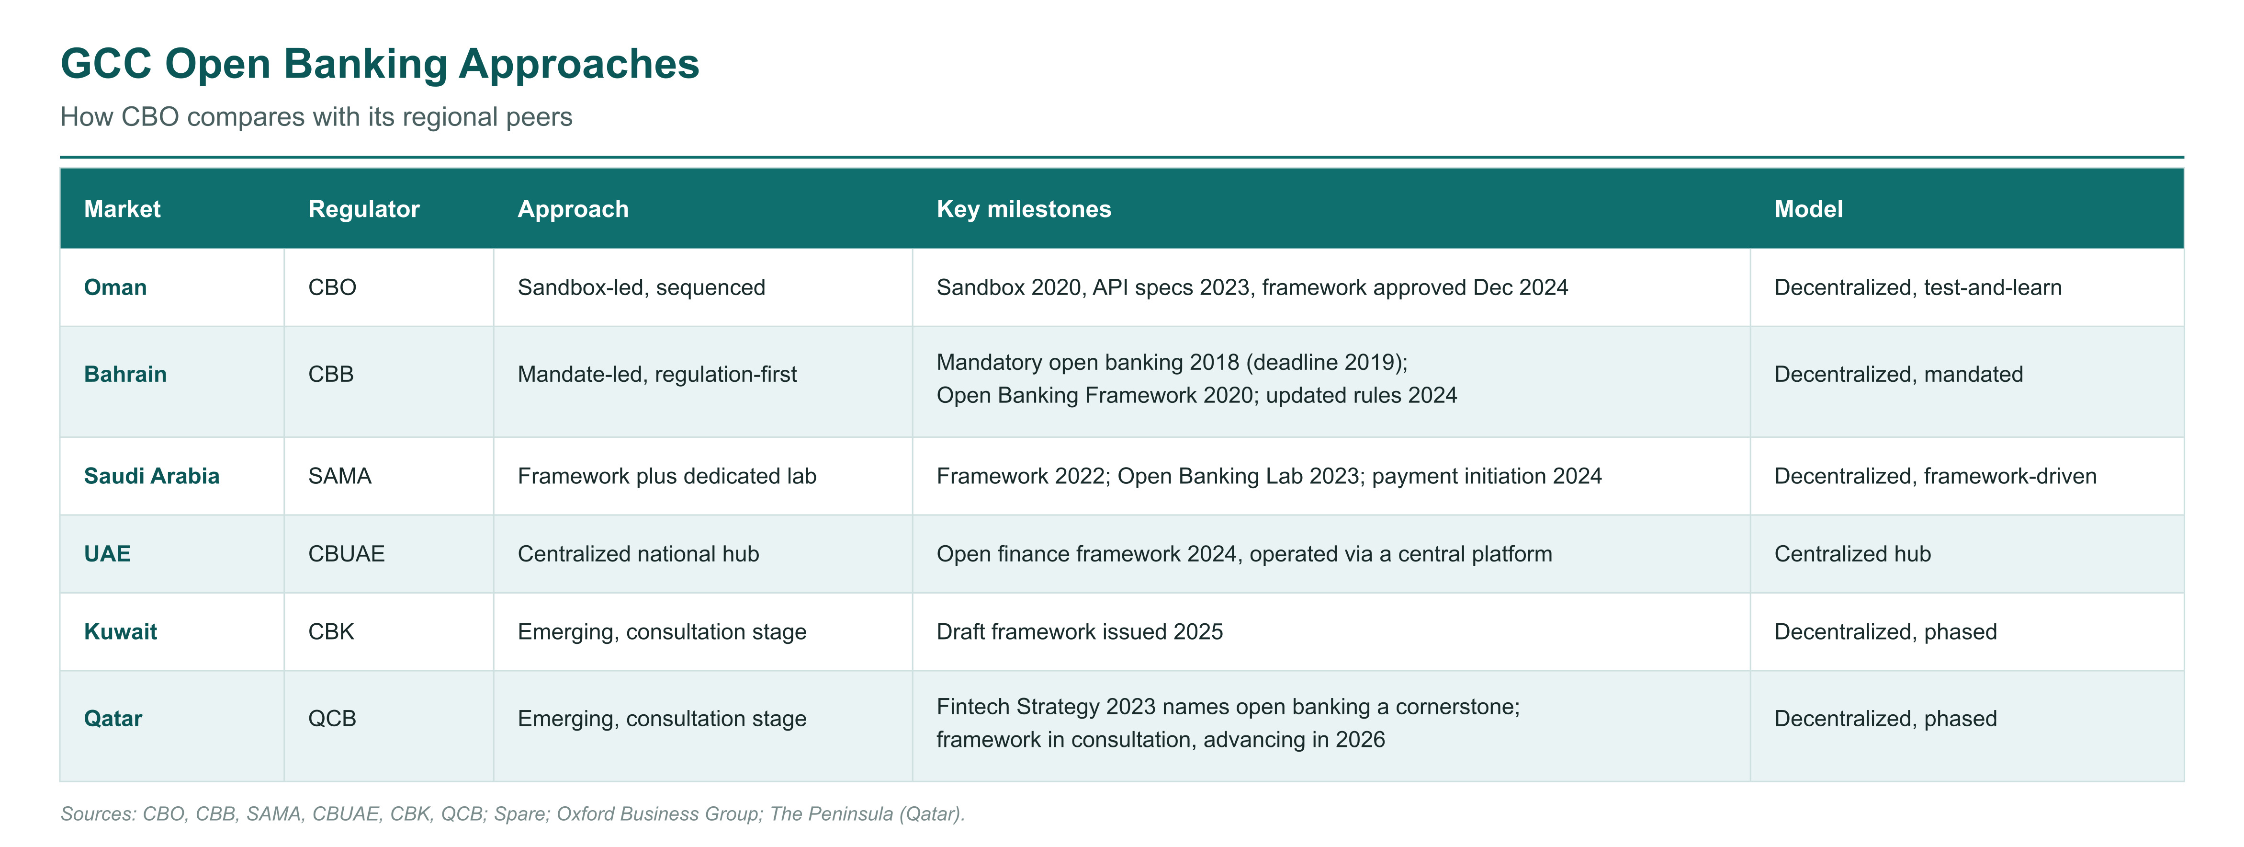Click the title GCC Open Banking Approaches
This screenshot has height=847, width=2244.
[380, 64]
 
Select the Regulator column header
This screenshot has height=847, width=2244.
[364, 209]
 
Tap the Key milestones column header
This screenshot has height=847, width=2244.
[1024, 209]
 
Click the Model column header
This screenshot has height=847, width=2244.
[1808, 209]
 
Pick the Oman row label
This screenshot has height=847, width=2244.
[115, 287]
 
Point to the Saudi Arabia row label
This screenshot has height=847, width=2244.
[152, 476]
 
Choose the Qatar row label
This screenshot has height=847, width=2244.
[113, 719]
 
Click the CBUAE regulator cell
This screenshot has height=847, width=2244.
[347, 554]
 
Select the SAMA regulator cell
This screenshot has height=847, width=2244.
[340, 476]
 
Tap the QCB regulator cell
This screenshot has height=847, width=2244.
[332, 719]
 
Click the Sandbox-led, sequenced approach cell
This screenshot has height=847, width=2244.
[641, 287]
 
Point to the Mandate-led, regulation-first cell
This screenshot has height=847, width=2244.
[657, 375]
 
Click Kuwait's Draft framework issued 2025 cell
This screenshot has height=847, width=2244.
[1079, 632]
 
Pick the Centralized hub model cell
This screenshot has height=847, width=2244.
[1853, 554]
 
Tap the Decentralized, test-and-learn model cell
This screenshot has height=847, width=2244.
[1918, 287]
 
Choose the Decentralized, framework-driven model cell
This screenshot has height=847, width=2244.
[1936, 476]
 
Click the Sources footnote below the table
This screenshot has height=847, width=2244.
[512, 814]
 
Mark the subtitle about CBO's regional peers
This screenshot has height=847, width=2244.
[316, 117]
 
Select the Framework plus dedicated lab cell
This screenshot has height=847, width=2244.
[666, 476]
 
